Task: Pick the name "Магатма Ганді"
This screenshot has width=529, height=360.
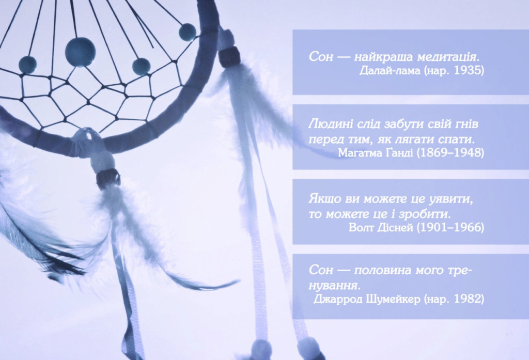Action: point(376,153)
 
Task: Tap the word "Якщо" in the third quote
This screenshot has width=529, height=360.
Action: point(325,199)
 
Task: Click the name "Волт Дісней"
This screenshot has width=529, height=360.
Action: point(381,227)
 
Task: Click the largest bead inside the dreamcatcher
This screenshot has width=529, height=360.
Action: point(80,52)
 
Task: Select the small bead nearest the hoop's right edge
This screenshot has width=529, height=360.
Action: point(187,33)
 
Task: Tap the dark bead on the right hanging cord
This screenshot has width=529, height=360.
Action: point(229,57)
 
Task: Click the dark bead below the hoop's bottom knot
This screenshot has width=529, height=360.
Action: point(108,178)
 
